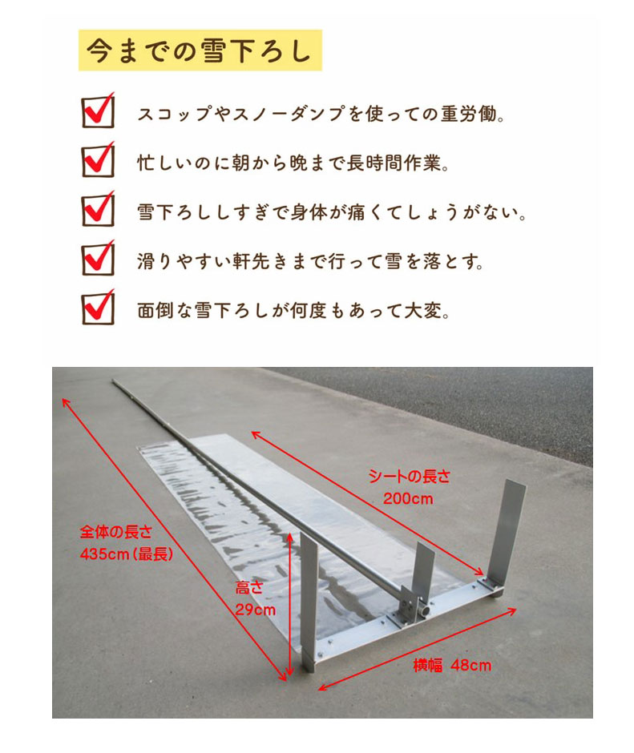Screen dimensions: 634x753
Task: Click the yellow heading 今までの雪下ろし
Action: coord(200,50)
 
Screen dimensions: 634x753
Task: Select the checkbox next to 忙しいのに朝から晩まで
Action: coord(99,161)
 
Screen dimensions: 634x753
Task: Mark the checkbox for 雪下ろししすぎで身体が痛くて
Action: coord(99,211)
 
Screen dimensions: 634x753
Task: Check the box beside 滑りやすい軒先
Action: coord(99,260)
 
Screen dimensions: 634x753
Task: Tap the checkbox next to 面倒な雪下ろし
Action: coord(99,308)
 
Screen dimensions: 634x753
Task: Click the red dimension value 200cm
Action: coord(408,498)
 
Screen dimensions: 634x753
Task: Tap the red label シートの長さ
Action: coord(409,477)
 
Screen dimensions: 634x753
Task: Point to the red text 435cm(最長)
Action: coord(127,554)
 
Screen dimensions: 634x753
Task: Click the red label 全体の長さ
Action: coord(116,532)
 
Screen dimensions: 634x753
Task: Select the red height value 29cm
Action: coord(255,610)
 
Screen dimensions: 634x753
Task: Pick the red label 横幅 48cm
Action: coord(452,665)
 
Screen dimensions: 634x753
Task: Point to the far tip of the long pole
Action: coord(115,381)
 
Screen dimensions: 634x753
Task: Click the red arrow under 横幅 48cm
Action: coord(418,650)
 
